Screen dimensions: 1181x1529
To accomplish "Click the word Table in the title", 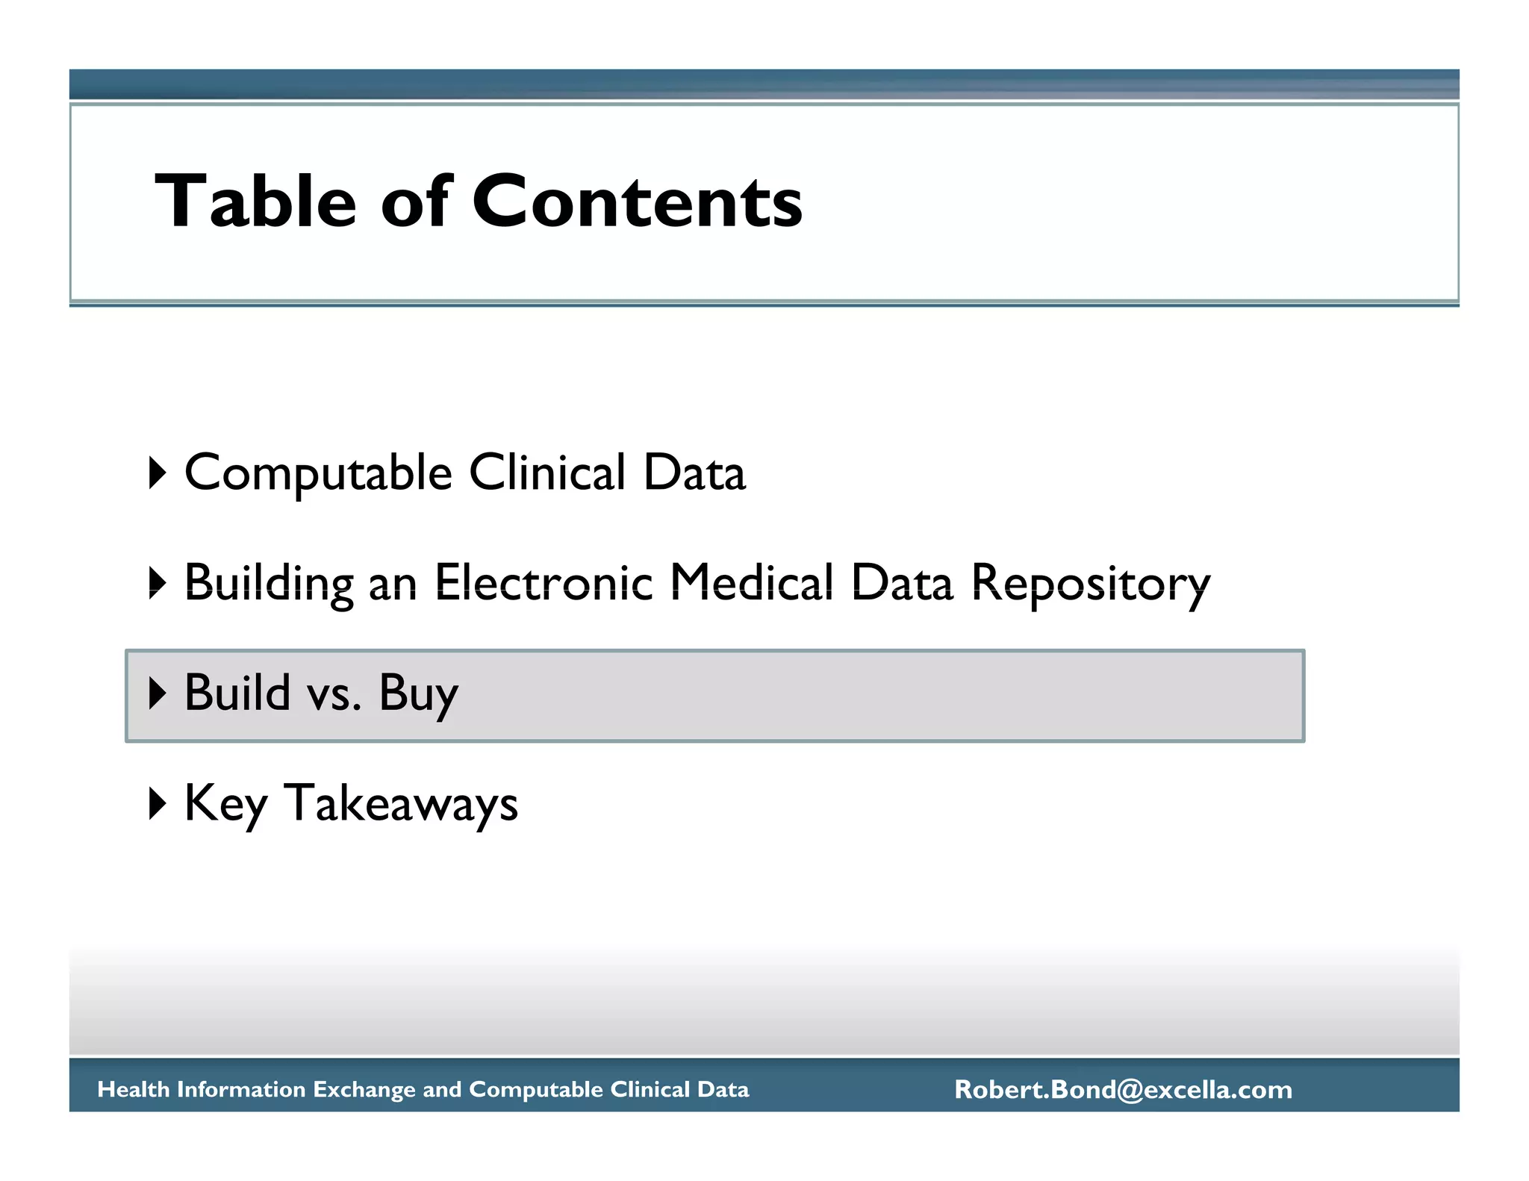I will (255, 202).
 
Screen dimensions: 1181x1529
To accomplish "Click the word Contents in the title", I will (637, 202).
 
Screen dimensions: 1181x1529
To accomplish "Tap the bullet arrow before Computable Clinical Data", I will (157, 473).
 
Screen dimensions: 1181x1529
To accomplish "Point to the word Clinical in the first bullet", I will (546, 473).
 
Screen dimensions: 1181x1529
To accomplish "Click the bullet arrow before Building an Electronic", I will (157, 583).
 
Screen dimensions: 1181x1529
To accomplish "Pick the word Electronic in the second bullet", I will (544, 583).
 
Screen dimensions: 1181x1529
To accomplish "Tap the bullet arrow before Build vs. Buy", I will (157, 693).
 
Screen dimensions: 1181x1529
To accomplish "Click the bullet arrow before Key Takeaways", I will (157, 803).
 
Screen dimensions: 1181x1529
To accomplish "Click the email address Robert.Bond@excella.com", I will (1123, 1090).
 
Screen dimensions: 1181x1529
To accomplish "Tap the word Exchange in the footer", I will (361, 1090).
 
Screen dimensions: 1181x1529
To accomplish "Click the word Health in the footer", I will (134, 1090).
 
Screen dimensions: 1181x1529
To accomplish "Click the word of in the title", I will (414, 202).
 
